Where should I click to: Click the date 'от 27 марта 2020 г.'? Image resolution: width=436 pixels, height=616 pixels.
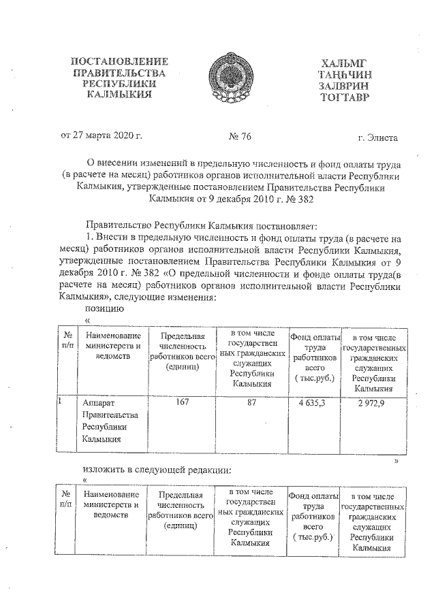tap(102, 137)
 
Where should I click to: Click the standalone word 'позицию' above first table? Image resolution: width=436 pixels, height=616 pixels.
tap(104, 309)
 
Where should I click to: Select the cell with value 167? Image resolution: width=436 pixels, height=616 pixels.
tap(181, 402)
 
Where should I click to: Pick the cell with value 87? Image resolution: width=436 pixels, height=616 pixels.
tap(251, 402)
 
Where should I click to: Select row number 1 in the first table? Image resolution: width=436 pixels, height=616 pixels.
tap(61, 402)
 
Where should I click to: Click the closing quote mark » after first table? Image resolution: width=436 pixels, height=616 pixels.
tap(396, 461)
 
